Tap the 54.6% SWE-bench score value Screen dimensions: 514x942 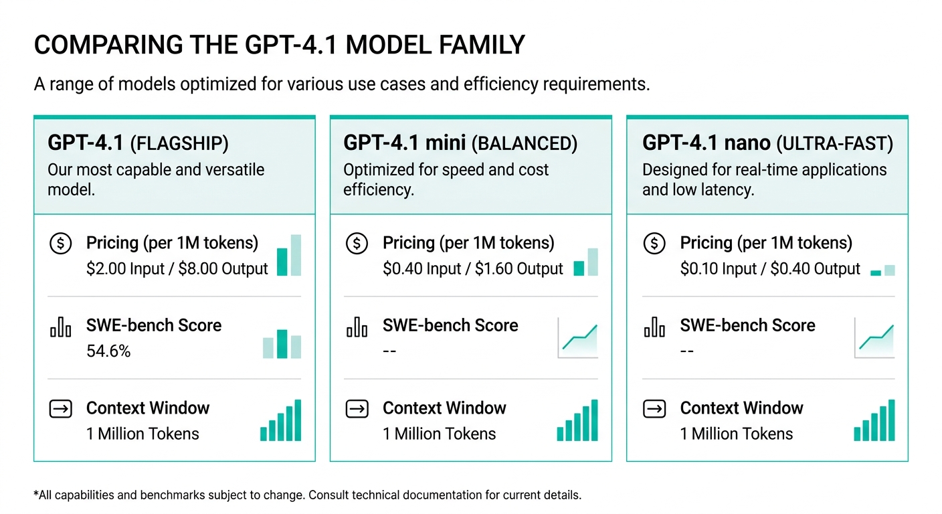pos(108,351)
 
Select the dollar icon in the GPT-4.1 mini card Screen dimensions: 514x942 pos(357,244)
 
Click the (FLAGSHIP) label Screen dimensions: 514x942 pos(179,143)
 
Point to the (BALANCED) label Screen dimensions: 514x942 pos(524,143)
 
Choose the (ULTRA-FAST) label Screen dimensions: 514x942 pos(834,143)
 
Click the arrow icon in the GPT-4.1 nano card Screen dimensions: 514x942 pos(654,409)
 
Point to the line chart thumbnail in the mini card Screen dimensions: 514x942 pos(578,338)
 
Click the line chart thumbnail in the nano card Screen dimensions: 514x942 pos(874,338)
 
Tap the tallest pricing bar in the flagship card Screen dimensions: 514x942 pos(296,255)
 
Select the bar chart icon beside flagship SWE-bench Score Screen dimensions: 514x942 pos(60,328)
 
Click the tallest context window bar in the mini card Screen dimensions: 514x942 pos(594,420)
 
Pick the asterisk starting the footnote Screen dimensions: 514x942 pos(35,495)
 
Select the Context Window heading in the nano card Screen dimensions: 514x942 pos(741,408)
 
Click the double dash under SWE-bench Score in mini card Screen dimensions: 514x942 pos(389,351)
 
